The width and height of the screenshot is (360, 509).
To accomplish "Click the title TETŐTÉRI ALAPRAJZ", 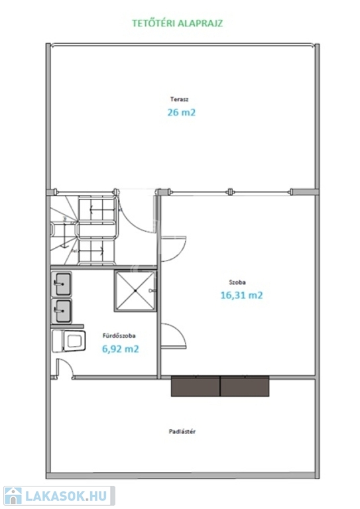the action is click(177, 23).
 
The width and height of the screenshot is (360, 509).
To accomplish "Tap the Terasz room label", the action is click(179, 99).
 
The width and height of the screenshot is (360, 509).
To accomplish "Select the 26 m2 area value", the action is click(182, 112).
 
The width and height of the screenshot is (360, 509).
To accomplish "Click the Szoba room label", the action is click(237, 282).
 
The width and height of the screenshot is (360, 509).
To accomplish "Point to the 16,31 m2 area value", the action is click(241, 295).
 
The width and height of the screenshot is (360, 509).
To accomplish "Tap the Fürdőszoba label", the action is click(119, 335).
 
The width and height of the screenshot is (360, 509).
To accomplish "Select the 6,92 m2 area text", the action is click(121, 349).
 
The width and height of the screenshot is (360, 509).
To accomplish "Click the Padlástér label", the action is click(182, 431).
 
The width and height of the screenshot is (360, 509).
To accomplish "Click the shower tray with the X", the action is click(135, 291).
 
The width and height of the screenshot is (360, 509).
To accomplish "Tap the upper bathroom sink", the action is click(62, 284).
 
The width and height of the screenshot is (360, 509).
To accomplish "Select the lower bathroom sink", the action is click(62, 311).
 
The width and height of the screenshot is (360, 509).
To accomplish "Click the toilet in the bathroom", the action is click(69, 341).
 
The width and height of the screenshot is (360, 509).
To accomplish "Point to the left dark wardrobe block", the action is click(196, 386).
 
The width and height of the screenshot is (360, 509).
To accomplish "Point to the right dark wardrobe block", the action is click(245, 386).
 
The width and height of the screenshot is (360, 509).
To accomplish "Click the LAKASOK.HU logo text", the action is click(66, 496).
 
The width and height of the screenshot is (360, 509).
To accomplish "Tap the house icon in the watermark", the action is click(13, 496).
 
